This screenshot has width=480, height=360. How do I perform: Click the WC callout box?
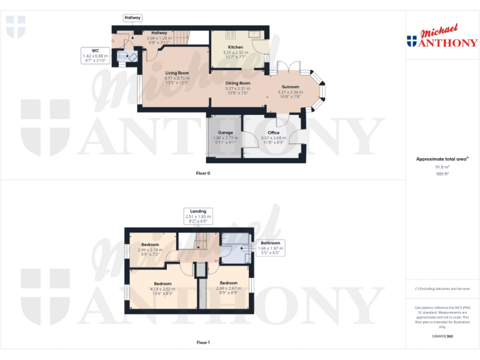(x=95, y=56)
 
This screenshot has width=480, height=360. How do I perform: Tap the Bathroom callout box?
(x=270, y=247)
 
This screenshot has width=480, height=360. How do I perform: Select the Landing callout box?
(x=197, y=216)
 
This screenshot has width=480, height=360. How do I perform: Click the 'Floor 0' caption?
(x=203, y=172)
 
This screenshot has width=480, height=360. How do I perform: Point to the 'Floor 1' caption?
(x=203, y=342)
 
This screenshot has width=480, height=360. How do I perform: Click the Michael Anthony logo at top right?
(x=442, y=37)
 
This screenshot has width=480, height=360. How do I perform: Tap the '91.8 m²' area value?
(x=442, y=167)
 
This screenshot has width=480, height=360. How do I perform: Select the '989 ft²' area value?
(x=442, y=174)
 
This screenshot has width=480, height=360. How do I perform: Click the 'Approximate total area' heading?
(x=442, y=159)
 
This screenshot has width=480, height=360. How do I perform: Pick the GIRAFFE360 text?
(x=442, y=336)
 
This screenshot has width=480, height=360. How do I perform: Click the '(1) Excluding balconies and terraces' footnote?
(x=442, y=289)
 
